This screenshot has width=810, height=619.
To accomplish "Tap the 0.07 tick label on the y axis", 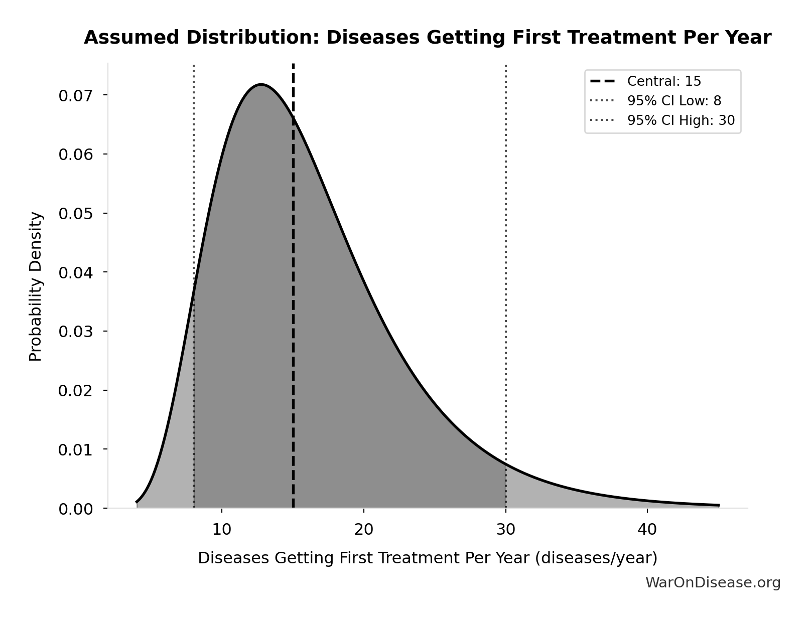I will tap(76, 95).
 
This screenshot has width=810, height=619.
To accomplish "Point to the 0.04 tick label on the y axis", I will tap(76, 272).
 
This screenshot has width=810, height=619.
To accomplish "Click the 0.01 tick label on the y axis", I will tap(76, 449).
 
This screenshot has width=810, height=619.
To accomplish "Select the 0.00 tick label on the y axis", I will tap(76, 509).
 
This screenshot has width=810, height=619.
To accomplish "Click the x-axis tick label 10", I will tap(222, 529).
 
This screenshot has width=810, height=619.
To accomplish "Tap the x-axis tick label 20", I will tap(363, 529).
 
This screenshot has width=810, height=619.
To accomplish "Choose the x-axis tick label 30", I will tap(505, 529).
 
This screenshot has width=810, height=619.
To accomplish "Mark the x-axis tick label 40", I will tap(647, 529).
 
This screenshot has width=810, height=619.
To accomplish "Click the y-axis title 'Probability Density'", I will tap(36, 286).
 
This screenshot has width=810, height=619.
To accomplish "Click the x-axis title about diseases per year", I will tap(427, 558).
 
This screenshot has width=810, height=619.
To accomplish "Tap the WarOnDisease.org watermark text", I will tap(713, 582).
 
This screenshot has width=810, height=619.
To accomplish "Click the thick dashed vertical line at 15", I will tap(293, 301).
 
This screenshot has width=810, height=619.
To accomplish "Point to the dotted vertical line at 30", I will tap(505, 251).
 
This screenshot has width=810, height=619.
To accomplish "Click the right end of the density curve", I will tap(718, 505).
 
